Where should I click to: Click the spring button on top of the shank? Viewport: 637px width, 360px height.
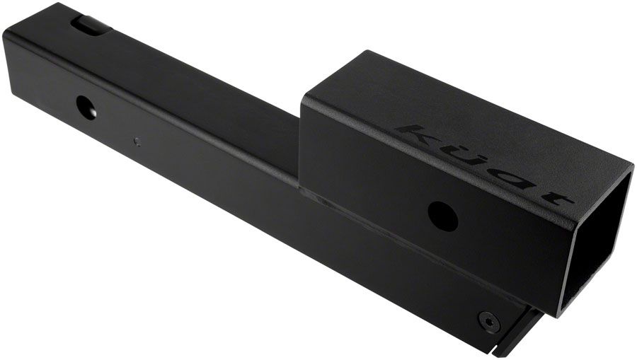point(90,25)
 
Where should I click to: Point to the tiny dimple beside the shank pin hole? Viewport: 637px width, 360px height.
point(137,141)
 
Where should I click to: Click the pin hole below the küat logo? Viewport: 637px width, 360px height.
point(442,215)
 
